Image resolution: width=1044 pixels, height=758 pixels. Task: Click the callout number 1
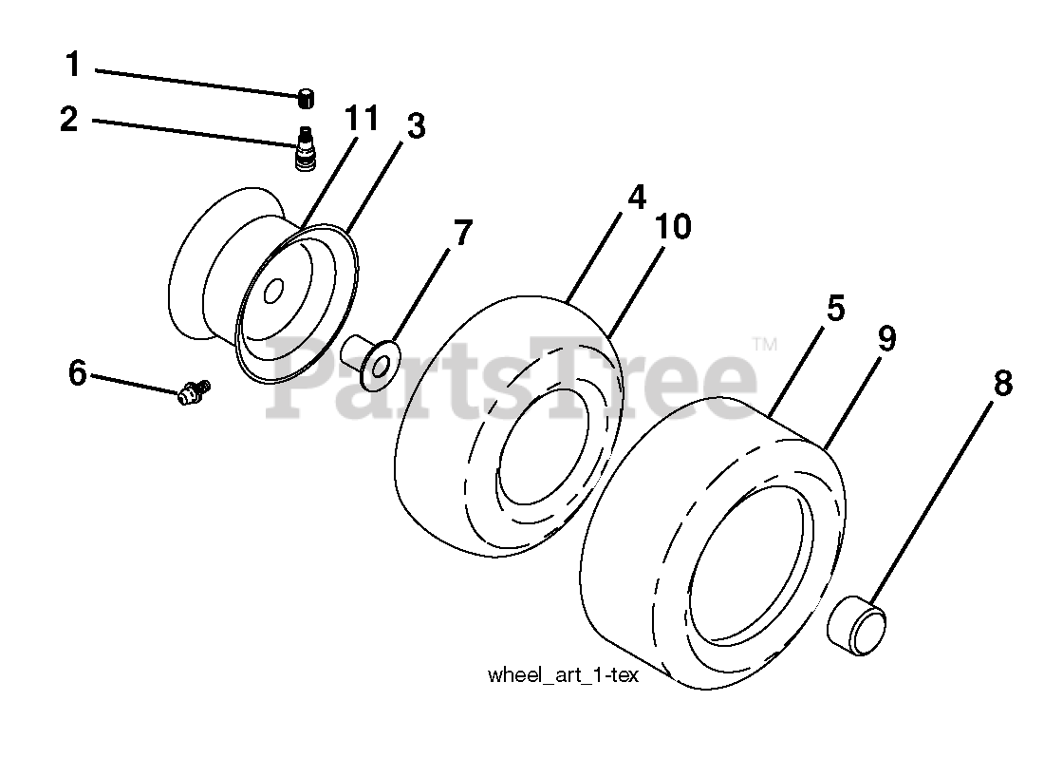(73, 66)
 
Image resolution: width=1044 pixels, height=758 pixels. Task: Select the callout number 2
(67, 121)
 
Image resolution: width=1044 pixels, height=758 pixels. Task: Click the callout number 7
(462, 233)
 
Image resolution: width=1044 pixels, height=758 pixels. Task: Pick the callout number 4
(636, 197)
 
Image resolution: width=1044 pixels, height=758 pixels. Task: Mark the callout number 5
(835, 309)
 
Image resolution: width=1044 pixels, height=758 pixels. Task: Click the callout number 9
(886, 339)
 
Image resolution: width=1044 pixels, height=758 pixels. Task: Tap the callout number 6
(78, 373)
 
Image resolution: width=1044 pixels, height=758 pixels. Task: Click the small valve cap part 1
(306, 96)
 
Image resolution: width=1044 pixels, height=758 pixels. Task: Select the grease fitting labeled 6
(193, 389)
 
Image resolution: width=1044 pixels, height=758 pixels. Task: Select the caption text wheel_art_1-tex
(563, 675)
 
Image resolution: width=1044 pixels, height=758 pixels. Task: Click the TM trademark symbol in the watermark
(765, 344)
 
